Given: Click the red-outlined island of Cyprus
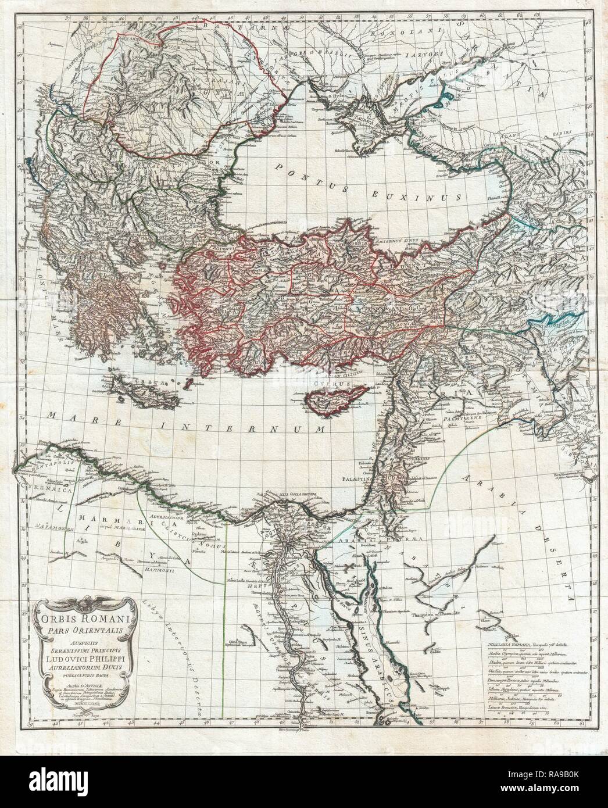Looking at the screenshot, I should point(331,401).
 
